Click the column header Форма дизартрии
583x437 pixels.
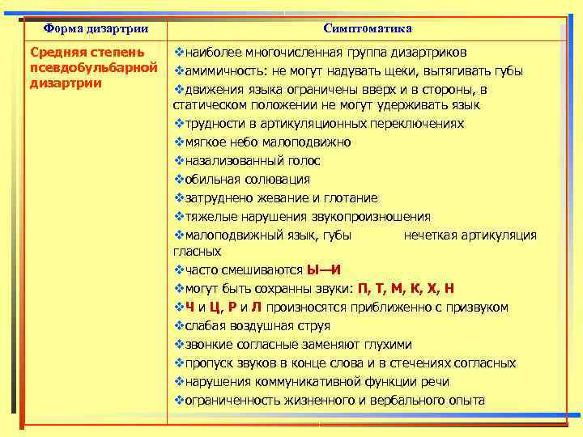click(96, 28)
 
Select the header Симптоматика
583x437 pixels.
click(367, 28)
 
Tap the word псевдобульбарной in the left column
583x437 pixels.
click(93, 67)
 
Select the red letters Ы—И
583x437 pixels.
click(324, 270)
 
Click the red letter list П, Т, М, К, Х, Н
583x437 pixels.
click(406, 289)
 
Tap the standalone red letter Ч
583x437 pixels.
click(189, 308)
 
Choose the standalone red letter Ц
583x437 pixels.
click(215, 308)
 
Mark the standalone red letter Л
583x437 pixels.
click(256, 308)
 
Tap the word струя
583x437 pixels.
click(313, 326)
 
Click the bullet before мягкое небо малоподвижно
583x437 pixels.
click(179, 142)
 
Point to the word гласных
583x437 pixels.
click(192, 252)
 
